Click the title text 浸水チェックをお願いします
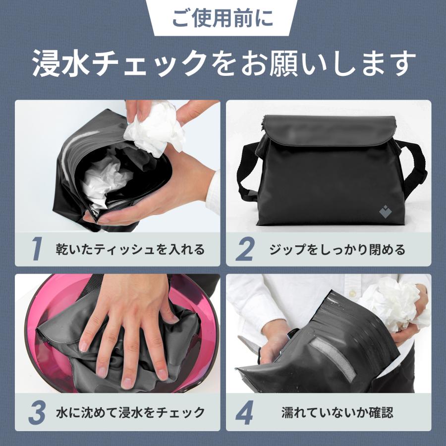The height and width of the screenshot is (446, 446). click(x=223, y=63)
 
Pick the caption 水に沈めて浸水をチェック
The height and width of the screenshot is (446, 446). click(x=130, y=412)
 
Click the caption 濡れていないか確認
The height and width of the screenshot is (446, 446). click(x=337, y=412)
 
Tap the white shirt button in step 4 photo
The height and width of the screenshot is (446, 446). click(x=352, y=292)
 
